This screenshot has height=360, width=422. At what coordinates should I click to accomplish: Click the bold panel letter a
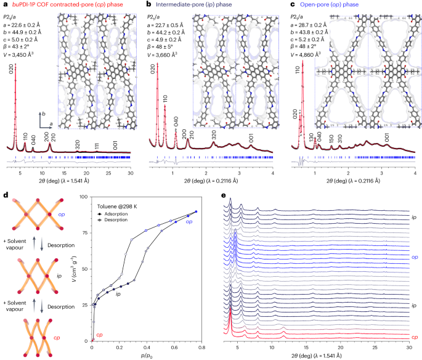[5, 5]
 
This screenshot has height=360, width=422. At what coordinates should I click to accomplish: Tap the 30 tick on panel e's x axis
[409, 346]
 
